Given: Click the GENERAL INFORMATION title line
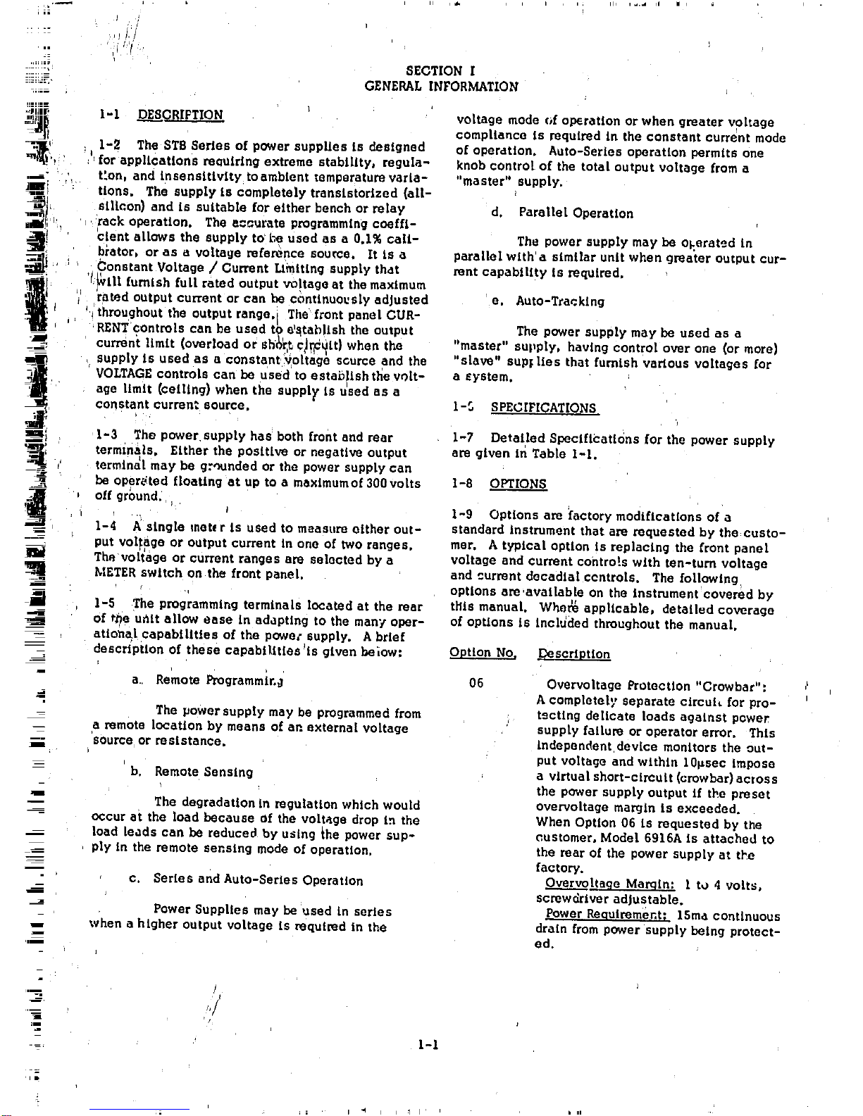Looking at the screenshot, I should click(x=441, y=87).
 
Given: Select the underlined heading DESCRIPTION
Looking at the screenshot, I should click(x=180, y=115).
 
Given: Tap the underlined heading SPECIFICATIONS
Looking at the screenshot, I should click(x=544, y=408).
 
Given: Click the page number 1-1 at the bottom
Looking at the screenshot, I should click(x=428, y=1045).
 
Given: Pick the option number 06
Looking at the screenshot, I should click(x=476, y=683).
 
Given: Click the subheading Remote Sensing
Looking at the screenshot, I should click(x=204, y=772).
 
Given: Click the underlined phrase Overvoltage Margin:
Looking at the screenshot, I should click(x=609, y=884).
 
